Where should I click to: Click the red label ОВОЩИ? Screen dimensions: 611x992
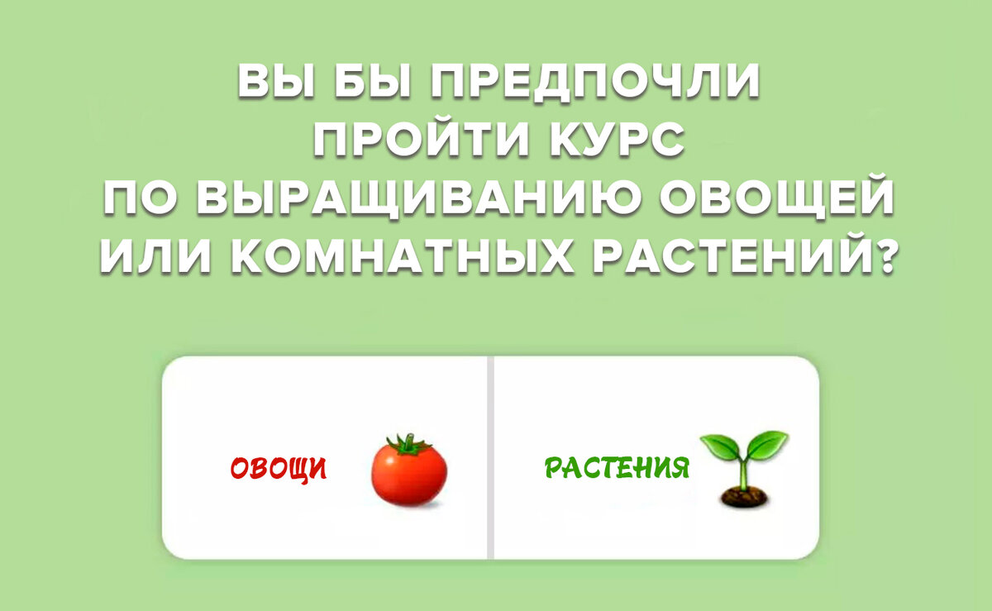click(278, 470)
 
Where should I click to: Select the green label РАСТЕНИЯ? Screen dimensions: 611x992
click(616, 469)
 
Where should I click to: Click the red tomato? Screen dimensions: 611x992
click(408, 475)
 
